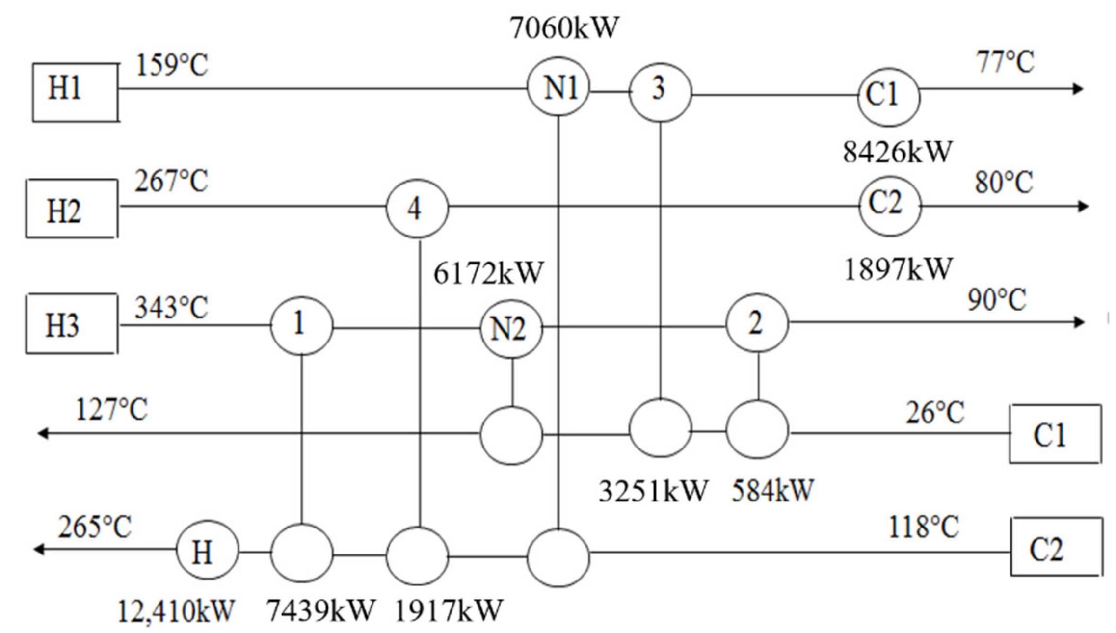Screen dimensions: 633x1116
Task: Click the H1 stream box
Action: [x=75, y=92]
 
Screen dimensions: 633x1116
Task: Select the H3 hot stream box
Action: [x=71, y=324]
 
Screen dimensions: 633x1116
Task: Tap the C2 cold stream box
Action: [x=1056, y=547]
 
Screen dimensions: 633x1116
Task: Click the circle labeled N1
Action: [x=558, y=87]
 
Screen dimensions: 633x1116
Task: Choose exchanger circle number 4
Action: [x=417, y=208]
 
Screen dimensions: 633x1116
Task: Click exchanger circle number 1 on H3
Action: [x=301, y=325]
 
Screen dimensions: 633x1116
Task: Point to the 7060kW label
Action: [x=564, y=27]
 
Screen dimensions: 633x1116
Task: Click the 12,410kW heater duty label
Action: [x=176, y=611]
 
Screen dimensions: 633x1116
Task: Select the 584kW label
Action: [x=772, y=490]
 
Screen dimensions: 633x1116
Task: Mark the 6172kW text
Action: [x=488, y=273]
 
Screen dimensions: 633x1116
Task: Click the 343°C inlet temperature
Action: [x=171, y=308]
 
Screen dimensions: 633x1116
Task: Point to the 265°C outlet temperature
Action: [x=95, y=527]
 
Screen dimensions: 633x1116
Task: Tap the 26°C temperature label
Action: [x=934, y=412]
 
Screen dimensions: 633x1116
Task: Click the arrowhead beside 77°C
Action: [x=1078, y=89]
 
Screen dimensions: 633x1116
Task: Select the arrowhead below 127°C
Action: [x=43, y=433]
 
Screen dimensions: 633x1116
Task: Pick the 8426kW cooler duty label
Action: [x=897, y=152]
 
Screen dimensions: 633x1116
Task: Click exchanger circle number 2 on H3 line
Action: [x=757, y=323]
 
